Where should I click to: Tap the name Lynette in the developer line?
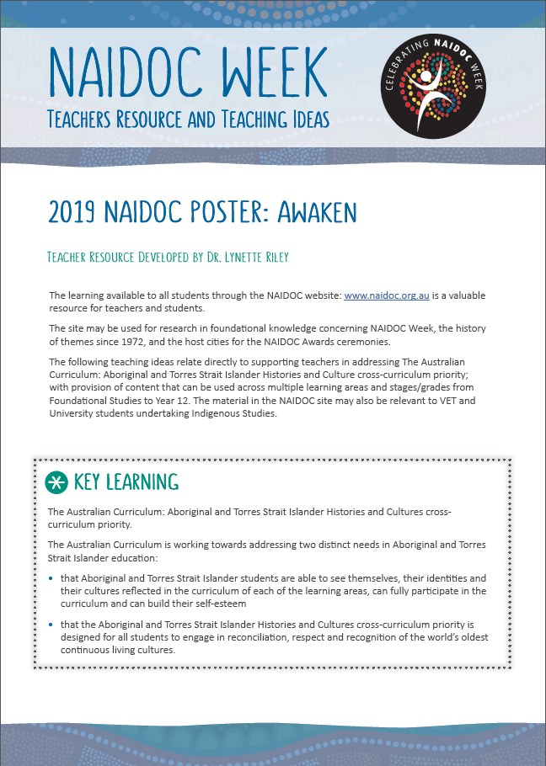click(232, 257)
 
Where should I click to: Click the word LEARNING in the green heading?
click(143, 482)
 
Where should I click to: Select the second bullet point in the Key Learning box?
click(52, 625)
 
